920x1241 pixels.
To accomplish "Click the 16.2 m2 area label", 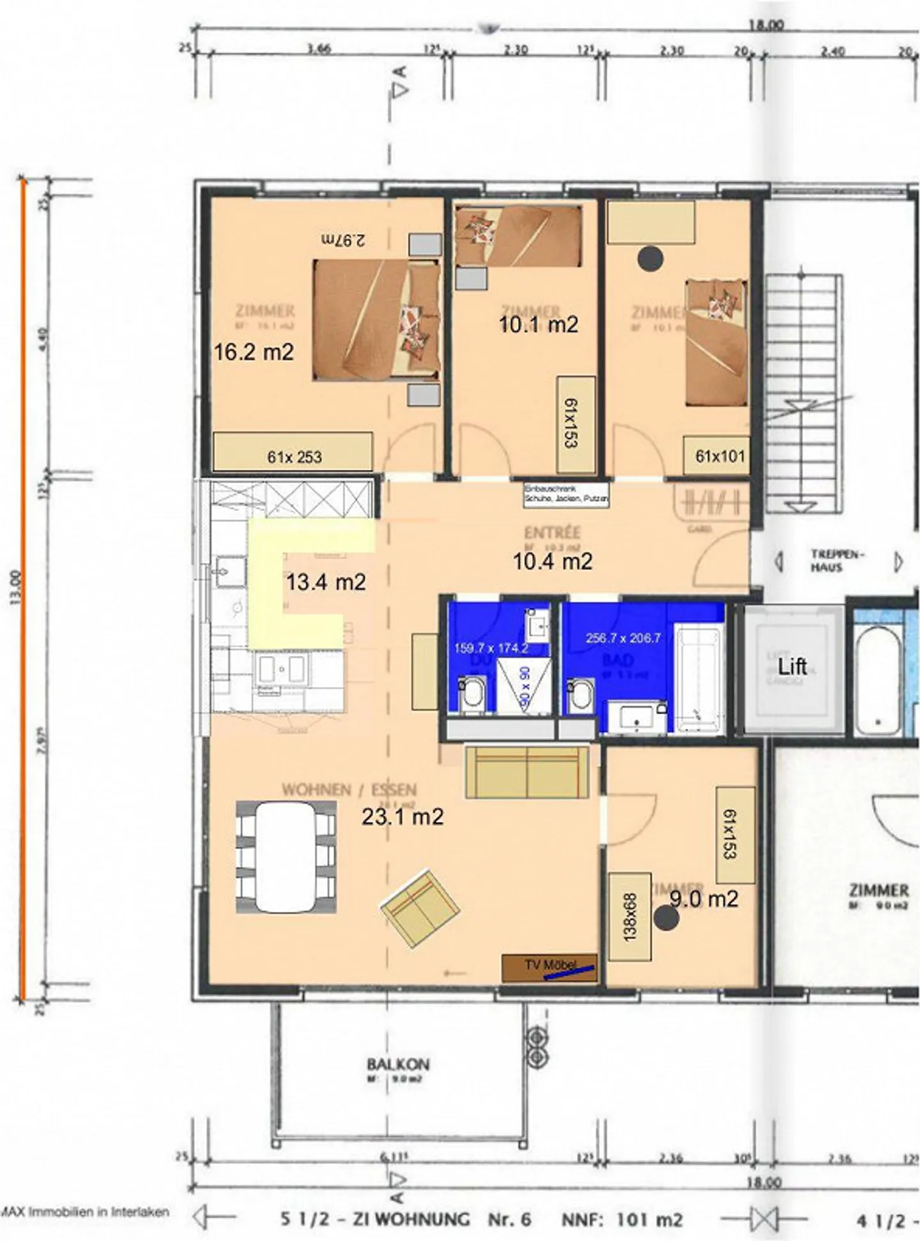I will coord(254,352).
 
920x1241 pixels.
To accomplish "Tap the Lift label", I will coord(792,667).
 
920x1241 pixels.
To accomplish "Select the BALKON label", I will coord(398,1064).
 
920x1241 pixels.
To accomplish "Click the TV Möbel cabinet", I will coord(549,968).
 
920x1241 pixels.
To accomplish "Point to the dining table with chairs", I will coord(286,857).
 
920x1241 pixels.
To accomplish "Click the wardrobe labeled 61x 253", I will coord(293,452).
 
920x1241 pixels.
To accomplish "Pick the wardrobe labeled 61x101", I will coord(719,455).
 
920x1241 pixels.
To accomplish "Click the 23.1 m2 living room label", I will coord(402,816).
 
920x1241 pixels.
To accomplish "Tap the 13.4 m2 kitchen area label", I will coord(326,582).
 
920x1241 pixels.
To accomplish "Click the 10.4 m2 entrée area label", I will coord(553,561).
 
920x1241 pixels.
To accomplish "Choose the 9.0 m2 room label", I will coord(703,899).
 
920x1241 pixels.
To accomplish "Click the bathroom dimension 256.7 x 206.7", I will coord(623,637).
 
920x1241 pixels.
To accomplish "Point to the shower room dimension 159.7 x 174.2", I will coord(491,648).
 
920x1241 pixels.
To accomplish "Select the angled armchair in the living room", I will coord(420,908).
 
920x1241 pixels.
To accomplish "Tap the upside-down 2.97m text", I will coord(343,241).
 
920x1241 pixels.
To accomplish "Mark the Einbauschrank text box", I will coord(566,494).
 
